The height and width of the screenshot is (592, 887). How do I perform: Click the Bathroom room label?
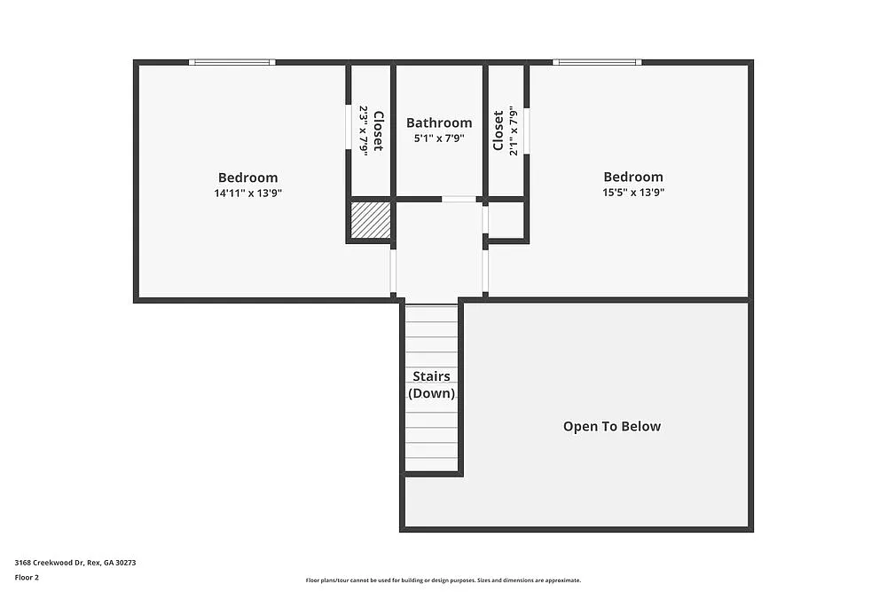click(439, 123)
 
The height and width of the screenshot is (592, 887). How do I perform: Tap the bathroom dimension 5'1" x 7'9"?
click(439, 138)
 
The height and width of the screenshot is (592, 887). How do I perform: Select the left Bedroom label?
click(247, 178)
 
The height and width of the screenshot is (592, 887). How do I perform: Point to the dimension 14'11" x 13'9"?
click(247, 193)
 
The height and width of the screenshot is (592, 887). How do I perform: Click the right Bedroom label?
click(632, 178)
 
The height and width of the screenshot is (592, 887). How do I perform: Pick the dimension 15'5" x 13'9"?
click(632, 192)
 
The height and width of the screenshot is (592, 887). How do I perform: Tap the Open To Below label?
click(612, 426)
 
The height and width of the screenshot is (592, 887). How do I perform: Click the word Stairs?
click(431, 376)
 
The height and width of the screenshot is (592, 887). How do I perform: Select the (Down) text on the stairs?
click(431, 393)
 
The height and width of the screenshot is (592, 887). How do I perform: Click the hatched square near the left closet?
click(370, 220)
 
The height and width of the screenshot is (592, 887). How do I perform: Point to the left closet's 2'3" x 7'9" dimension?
click(364, 130)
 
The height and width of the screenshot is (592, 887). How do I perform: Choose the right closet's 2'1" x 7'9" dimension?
click(513, 130)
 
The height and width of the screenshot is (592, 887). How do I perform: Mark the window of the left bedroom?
click(232, 62)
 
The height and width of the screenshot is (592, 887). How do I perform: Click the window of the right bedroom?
click(596, 62)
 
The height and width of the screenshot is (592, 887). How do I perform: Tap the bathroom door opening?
click(459, 199)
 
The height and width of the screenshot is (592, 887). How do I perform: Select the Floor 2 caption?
click(27, 577)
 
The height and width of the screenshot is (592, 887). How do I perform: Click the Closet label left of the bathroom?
click(378, 130)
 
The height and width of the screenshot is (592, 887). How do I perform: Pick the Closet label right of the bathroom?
click(498, 130)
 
